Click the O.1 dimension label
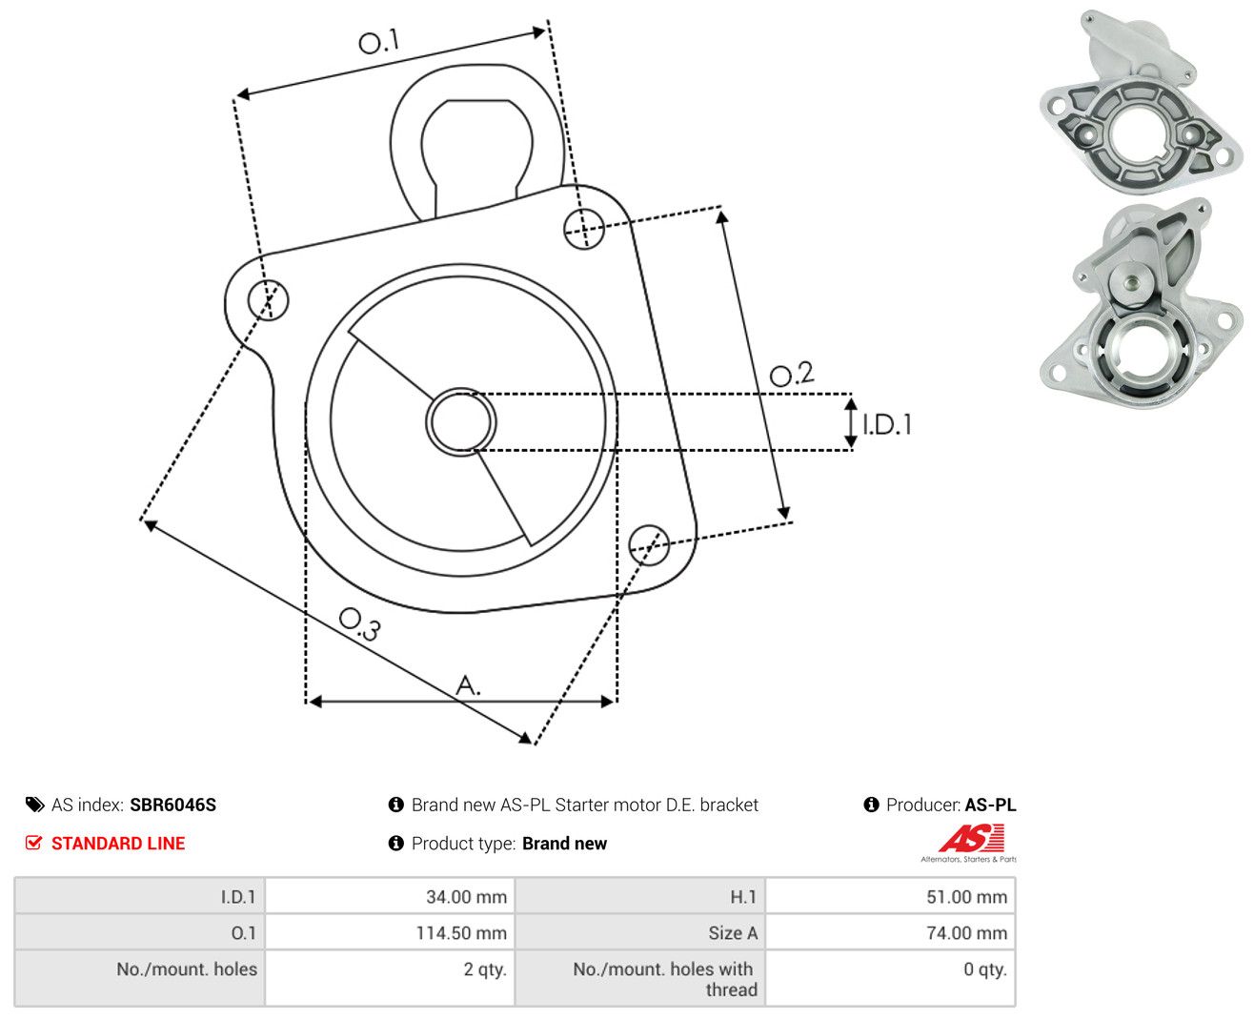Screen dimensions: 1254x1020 tap(379, 41)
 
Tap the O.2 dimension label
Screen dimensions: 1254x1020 tap(792, 374)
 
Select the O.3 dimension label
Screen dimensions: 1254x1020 tap(360, 623)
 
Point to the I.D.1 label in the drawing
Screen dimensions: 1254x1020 tap(887, 424)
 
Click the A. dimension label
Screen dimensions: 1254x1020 tap(468, 684)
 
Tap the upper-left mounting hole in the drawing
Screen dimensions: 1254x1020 tap(268, 299)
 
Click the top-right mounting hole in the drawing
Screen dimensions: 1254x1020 tap(584, 229)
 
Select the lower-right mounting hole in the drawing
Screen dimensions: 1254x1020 tap(649, 545)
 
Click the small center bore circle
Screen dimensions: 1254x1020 tap(461, 422)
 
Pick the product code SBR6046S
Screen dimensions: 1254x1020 tap(173, 805)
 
